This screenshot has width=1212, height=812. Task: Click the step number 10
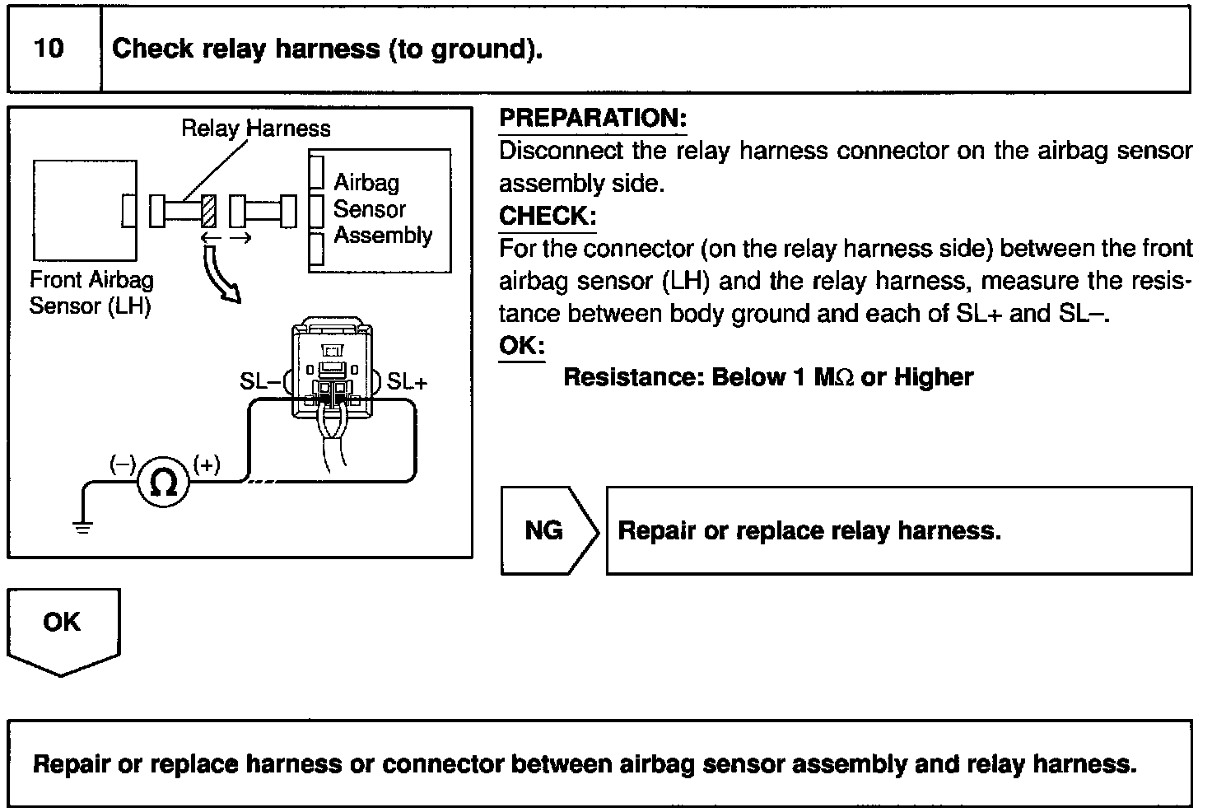[49, 49]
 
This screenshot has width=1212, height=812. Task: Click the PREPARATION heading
[592, 118]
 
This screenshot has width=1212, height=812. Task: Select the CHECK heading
[547, 216]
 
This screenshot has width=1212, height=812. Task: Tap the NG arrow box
[548, 530]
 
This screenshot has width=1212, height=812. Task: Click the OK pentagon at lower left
[63, 626]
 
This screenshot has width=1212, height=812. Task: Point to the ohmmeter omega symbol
[164, 483]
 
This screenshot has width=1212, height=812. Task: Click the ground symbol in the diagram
[83, 526]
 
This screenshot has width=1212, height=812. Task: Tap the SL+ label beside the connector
[408, 381]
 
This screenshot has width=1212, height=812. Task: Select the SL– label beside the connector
[260, 381]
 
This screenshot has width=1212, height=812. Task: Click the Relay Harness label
[255, 128]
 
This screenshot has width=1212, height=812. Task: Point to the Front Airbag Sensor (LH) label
[91, 293]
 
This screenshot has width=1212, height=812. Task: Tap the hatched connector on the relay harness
[209, 211]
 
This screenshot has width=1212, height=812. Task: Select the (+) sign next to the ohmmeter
[206, 464]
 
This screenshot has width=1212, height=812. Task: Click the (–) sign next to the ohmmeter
[122, 464]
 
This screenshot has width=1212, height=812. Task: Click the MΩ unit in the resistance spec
[834, 377]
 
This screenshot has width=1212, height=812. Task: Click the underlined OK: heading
[521, 345]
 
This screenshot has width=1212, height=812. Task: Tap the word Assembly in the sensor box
[383, 236]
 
